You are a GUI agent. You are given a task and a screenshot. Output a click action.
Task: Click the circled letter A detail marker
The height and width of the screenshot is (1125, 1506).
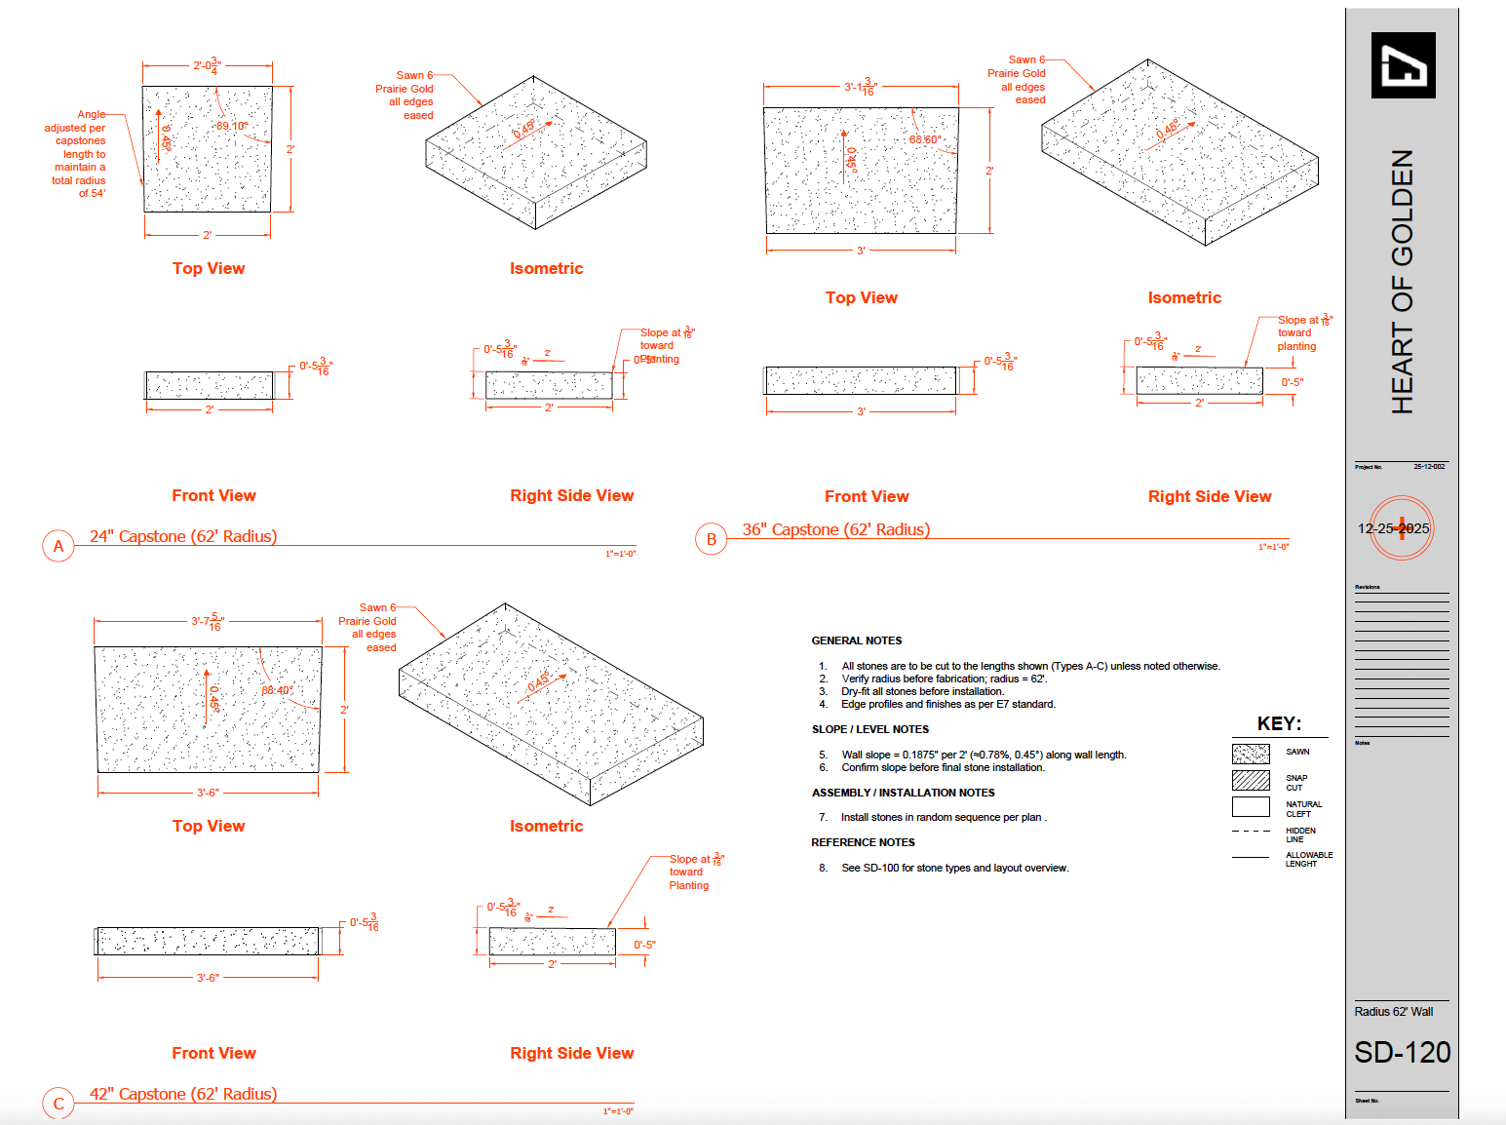(58, 546)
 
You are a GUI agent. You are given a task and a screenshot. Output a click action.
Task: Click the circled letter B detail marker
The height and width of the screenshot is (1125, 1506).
(712, 539)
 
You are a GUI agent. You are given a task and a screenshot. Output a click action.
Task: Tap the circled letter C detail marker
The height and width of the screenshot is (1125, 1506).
(58, 1104)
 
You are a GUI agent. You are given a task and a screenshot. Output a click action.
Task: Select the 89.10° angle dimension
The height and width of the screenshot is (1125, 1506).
(232, 126)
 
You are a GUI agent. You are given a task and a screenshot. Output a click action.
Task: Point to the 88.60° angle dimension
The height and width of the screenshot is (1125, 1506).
(925, 139)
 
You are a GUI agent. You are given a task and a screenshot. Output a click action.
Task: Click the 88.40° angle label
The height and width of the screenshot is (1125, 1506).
(277, 690)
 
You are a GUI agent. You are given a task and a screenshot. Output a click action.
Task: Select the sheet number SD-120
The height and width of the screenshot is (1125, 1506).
(1402, 1053)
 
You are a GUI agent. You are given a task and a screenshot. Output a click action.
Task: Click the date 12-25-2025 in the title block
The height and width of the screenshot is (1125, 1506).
(1394, 528)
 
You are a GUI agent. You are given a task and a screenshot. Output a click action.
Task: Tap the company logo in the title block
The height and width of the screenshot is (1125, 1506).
(1403, 65)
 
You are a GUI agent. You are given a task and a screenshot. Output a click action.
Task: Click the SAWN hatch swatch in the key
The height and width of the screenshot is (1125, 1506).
(1251, 754)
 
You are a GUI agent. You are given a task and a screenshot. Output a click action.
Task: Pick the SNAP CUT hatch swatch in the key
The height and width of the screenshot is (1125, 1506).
(1251, 780)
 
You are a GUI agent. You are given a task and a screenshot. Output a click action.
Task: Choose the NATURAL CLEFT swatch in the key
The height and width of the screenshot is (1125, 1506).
(1251, 806)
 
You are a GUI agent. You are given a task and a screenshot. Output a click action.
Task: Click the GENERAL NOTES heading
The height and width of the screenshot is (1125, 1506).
(857, 640)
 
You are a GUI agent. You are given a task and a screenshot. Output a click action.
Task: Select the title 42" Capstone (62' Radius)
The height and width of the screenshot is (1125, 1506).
(183, 1094)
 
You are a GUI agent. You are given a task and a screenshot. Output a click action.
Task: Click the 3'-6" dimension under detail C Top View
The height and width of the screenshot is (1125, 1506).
(208, 793)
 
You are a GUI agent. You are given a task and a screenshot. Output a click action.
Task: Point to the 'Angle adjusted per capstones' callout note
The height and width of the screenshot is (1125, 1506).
(78, 154)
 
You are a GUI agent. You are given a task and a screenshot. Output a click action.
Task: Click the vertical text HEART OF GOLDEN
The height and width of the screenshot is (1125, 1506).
(1402, 282)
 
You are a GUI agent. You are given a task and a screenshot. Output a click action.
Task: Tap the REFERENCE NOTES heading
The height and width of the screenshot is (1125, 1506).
(863, 842)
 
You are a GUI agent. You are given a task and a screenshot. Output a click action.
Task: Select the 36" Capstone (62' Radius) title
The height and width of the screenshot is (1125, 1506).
(836, 529)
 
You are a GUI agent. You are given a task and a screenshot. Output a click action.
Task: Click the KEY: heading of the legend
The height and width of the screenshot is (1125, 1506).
(1279, 723)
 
